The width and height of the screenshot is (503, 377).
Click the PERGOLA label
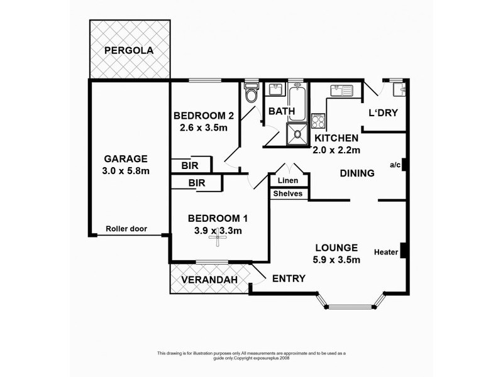pos(129,50)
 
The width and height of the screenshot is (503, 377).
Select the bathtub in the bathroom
pos(297,102)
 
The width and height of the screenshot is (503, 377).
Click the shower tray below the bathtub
pos(297,134)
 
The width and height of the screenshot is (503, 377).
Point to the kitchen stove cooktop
pos(318,121)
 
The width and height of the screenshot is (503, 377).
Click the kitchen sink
pos(341,90)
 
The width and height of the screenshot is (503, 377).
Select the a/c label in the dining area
pos(395,165)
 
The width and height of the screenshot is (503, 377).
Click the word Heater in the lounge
pos(386,253)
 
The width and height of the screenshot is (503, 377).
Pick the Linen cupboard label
pos(288,180)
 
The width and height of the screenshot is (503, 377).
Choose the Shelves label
pos(288,194)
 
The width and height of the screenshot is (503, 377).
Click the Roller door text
pos(126,229)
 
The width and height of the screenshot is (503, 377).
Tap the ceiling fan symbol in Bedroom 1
pos(217,238)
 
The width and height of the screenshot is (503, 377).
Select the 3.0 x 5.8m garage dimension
pos(126,171)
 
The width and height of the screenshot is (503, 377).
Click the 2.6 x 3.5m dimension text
pos(204,128)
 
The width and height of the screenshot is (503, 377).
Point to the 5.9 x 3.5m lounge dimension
pos(336,260)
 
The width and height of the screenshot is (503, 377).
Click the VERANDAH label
pos(209,280)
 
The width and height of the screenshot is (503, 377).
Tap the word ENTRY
pos(289,278)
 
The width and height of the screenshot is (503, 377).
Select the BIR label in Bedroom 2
pos(190,166)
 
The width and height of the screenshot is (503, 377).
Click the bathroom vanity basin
pos(275,89)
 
